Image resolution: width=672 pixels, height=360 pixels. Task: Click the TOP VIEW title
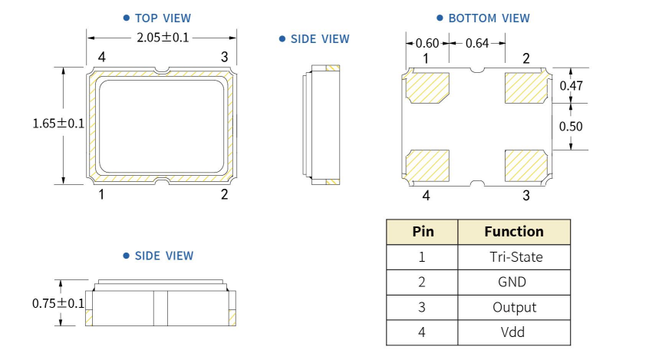163,18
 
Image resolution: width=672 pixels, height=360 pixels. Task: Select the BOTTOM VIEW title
489,18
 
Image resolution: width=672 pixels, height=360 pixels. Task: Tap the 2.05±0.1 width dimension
162,38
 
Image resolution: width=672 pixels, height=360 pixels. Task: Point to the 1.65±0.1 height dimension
58,123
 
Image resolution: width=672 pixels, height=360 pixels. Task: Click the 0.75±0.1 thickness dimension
58,303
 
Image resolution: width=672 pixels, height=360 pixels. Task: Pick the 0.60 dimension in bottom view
427,43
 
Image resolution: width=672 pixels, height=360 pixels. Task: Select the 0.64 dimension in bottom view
476,43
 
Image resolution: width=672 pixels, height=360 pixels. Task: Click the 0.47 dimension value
571,86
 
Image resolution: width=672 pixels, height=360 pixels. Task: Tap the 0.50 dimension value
571,126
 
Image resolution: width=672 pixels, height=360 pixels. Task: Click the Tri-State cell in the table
515,257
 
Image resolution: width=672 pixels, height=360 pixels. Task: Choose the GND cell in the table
512,282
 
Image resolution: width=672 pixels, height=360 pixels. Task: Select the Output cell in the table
514,307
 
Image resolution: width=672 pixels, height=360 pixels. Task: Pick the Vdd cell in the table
513,332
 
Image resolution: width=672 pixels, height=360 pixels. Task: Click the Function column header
514,231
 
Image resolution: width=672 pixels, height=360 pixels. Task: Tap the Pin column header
423,231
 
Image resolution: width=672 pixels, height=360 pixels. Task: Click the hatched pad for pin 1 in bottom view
428,87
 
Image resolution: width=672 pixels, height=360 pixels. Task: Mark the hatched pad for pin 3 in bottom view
526,163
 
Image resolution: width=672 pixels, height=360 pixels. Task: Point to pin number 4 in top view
101,57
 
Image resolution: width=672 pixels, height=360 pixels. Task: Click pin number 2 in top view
224,194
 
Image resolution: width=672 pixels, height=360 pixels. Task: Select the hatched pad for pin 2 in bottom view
526,87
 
